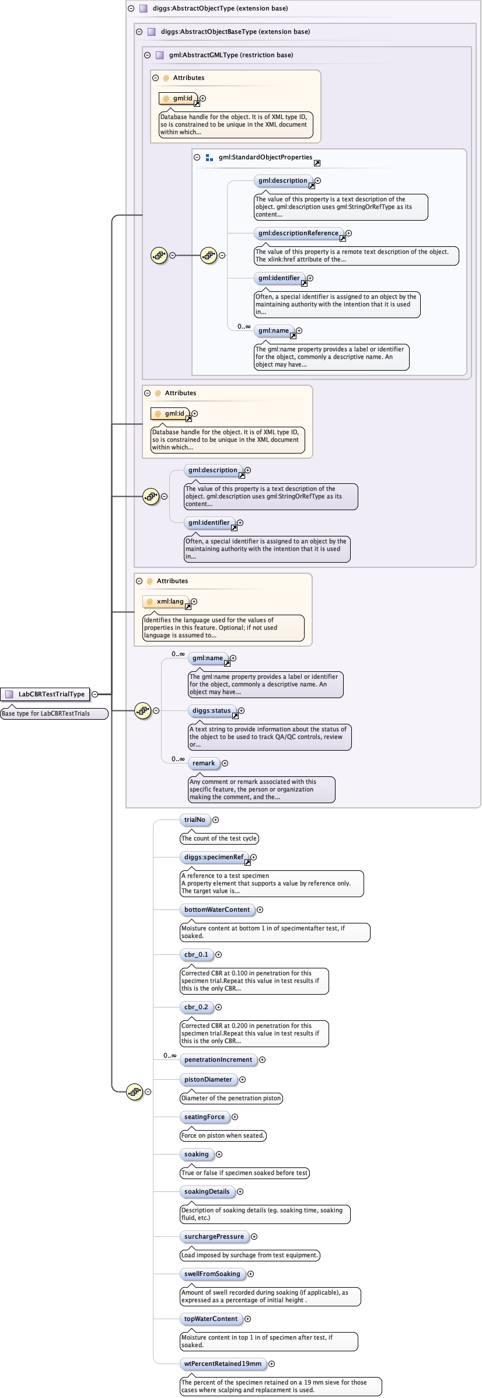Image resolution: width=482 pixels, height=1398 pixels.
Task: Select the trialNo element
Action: click(195, 820)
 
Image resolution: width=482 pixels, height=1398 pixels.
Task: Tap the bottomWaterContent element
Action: click(217, 909)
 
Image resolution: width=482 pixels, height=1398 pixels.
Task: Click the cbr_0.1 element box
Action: click(196, 954)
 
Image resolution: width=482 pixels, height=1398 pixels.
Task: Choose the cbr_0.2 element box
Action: click(196, 1007)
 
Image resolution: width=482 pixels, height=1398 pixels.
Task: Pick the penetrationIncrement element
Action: click(218, 1059)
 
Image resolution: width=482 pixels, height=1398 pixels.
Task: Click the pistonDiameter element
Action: click(208, 1079)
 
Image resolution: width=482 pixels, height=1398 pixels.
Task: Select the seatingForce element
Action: click(204, 1117)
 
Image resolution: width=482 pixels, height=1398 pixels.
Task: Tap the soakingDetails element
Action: click(207, 1191)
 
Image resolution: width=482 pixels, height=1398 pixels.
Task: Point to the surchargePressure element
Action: click(214, 1236)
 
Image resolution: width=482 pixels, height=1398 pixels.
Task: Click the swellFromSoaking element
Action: click(212, 1274)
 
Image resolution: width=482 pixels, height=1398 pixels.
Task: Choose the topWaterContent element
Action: click(211, 1319)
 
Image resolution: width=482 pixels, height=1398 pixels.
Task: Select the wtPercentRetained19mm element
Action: click(223, 1364)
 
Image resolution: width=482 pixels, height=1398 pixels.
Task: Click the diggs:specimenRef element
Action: click(214, 857)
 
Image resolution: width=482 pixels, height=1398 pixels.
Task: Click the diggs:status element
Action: click(212, 710)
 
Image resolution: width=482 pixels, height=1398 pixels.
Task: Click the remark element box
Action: click(204, 763)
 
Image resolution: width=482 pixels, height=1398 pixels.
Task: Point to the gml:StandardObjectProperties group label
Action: click(266, 157)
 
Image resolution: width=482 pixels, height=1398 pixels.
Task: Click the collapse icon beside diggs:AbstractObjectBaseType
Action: click(139, 32)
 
